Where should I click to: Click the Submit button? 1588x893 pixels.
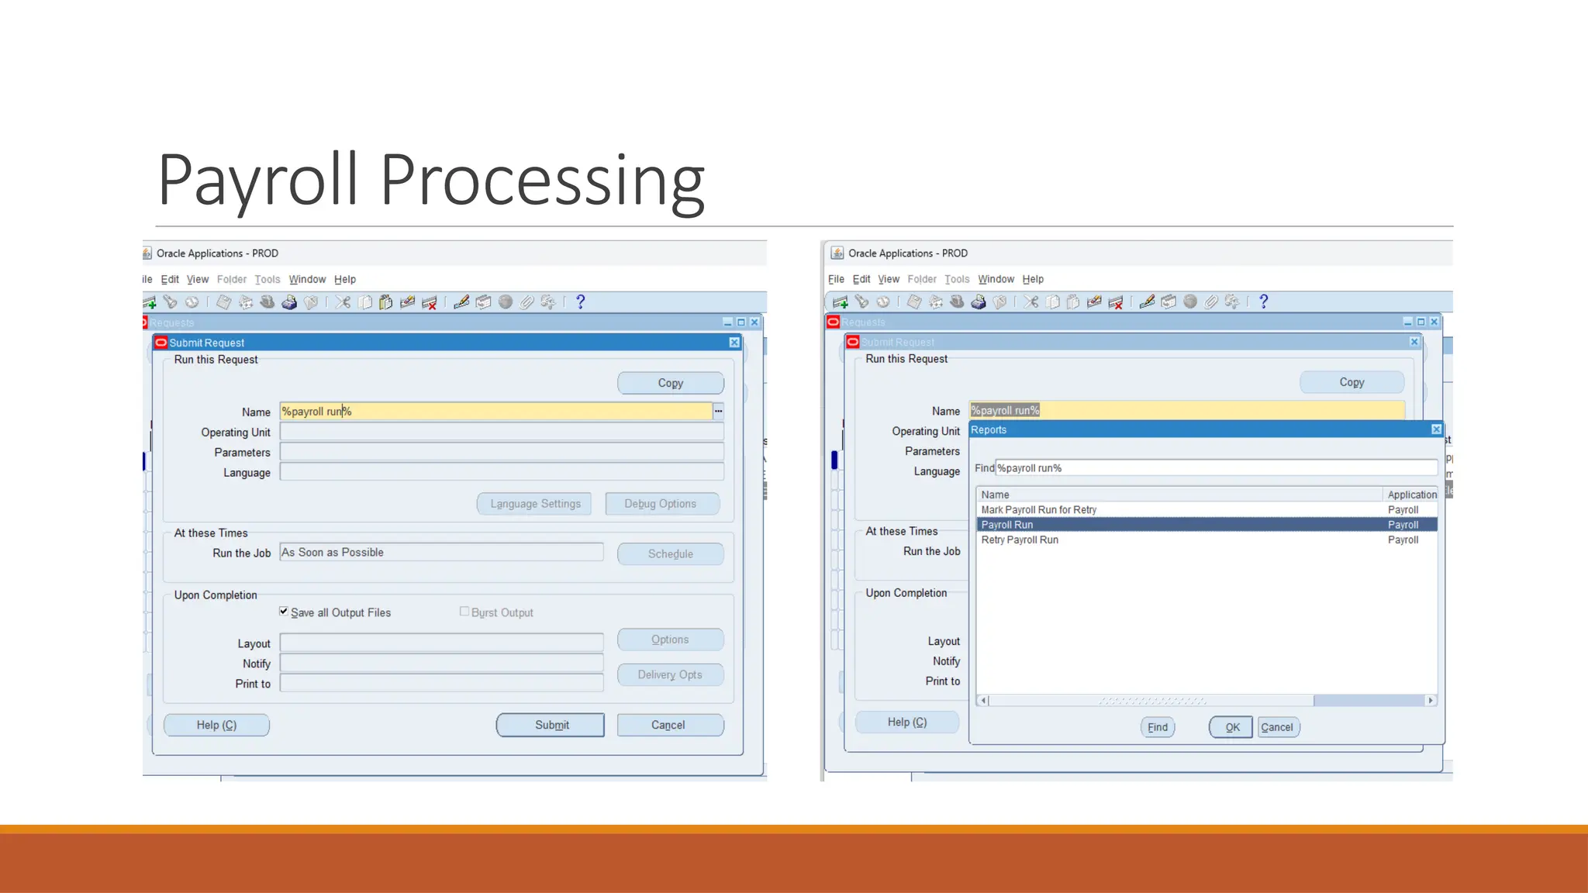551,725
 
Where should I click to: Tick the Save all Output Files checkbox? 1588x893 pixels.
284,612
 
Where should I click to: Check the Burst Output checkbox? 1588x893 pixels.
464,612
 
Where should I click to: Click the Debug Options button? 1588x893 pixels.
661,504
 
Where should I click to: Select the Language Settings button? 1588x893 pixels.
534,504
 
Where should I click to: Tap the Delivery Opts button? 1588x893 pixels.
670,674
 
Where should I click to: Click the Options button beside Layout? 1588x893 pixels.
670,640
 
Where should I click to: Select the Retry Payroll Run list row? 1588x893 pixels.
1020,540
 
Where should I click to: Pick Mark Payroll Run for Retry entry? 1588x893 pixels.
1039,510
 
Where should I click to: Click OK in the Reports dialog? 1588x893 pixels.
1231,727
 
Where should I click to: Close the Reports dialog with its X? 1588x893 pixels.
1436,429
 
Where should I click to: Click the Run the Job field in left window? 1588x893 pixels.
440,553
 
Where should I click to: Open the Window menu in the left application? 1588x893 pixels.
307,280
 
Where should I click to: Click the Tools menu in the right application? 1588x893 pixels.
957,279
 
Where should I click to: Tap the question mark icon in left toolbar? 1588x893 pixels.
580,302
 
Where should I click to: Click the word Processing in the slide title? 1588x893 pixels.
542,181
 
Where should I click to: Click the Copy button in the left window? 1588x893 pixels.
670,383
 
